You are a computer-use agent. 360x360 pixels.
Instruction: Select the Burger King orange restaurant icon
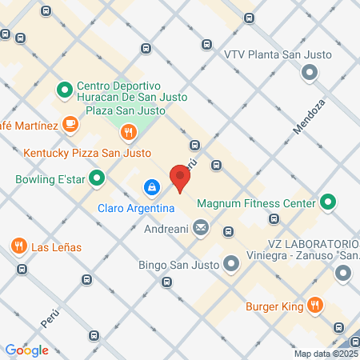point(316,304)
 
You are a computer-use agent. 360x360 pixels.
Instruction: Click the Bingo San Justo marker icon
point(231,262)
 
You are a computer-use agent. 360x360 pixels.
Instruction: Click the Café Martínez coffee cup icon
point(70,125)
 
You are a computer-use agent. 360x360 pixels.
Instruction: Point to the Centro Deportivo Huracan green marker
point(64,90)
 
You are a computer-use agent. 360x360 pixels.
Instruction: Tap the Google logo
point(27,350)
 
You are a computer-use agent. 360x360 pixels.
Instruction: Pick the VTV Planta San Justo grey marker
point(310,74)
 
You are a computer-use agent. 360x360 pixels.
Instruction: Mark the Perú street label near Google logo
point(50,319)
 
